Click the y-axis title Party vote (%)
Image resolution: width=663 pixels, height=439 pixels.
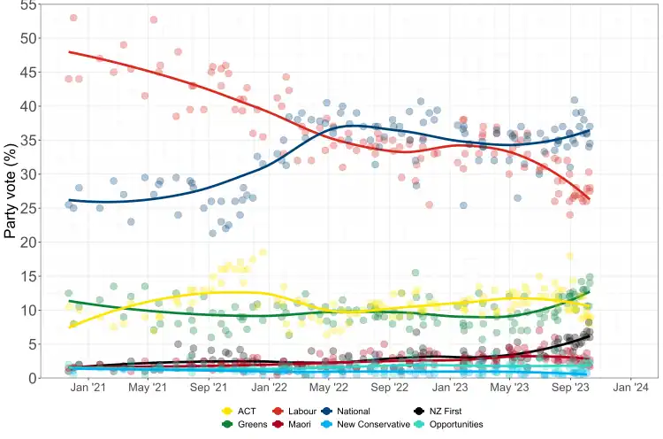pyautogui.click(x=11, y=191)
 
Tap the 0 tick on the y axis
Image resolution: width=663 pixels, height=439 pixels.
pyautogui.click(x=32, y=378)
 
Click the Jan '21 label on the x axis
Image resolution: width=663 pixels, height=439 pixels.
pyautogui.click(x=88, y=388)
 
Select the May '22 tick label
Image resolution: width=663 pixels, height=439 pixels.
pyautogui.click(x=329, y=388)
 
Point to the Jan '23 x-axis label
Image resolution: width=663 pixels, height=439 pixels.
pyautogui.click(x=451, y=388)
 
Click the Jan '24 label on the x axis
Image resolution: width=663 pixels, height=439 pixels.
pyautogui.click(x=630, y=388)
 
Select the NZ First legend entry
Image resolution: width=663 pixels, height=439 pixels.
pyautogui.click(x=443, y=411)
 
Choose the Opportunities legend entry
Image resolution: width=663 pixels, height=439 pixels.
pyautogui.click(x=451, y=425)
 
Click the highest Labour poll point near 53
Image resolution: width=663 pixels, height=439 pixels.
pyautogui.click(x=73, y=18)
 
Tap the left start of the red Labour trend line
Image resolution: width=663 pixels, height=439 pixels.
pyautogui.click(x=69, y=52)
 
